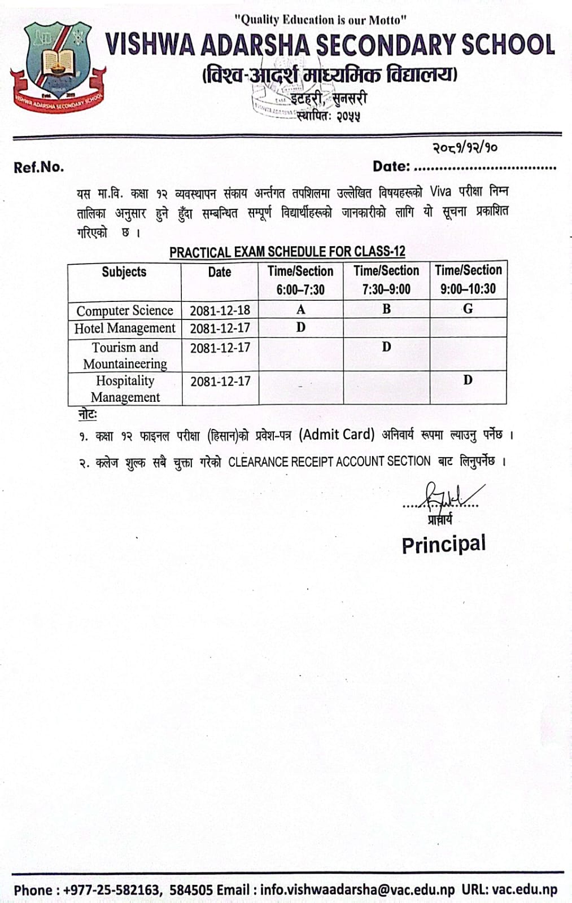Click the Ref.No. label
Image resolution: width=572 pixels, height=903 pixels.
pos(39,168)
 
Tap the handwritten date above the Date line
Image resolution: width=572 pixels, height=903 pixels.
pos(465,148)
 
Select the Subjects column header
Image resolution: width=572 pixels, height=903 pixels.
pos(124,272)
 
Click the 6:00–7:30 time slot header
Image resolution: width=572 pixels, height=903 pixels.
pos(300,290)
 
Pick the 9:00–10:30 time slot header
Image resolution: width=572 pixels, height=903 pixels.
pos(468,289)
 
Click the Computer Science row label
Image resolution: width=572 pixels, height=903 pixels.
pos(125,310)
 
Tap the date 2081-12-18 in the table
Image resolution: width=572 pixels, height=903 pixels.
pos(220,310)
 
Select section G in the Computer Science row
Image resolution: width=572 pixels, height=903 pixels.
pos(468,309)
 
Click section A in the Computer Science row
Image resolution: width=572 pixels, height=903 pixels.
pos(300,309)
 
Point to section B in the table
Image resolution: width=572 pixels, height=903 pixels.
pos(386,309)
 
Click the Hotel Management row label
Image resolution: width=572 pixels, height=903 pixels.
pos(125,328)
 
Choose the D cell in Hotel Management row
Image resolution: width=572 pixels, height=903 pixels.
pos(300,327)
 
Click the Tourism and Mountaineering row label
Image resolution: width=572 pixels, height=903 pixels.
pos(125,355)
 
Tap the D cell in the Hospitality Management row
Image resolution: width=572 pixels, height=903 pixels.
pos(468,380)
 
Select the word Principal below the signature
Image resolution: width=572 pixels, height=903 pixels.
pos(443,545)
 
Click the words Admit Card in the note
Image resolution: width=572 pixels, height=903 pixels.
pos(337,435)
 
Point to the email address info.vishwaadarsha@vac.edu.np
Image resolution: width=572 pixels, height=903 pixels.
pos(357,890)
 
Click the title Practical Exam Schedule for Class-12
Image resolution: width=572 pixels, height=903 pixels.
pos(287,252)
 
